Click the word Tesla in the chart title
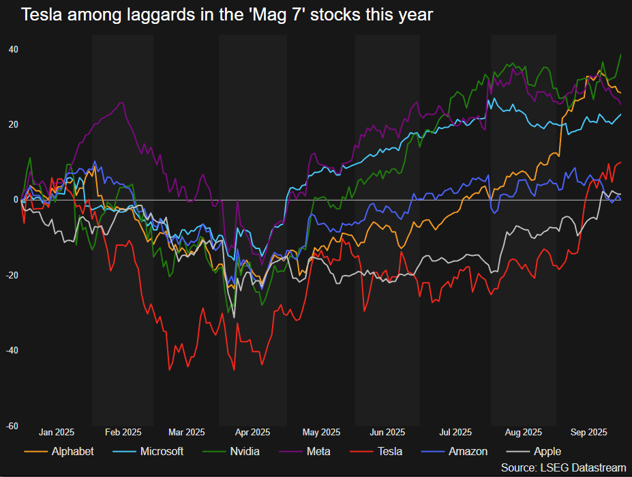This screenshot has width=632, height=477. click(42, 14)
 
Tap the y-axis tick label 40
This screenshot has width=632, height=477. click(14, 49)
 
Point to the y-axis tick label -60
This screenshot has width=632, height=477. click(12, 426)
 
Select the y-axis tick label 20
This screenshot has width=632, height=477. click(14, 124)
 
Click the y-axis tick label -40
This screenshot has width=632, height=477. click(12, 350)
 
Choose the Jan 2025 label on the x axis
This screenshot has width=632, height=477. click(56, 432)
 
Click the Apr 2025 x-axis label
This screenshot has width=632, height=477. click(252, 432)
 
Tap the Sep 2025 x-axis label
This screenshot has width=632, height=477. click(589, 432)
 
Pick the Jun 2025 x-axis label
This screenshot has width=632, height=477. click(387, 432)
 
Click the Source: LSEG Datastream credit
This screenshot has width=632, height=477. click(563, 467)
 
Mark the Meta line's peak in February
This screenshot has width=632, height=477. click(122, 102)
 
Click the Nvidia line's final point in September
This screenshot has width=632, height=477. click(621, 55)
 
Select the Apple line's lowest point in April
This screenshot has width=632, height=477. click(234, 317)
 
